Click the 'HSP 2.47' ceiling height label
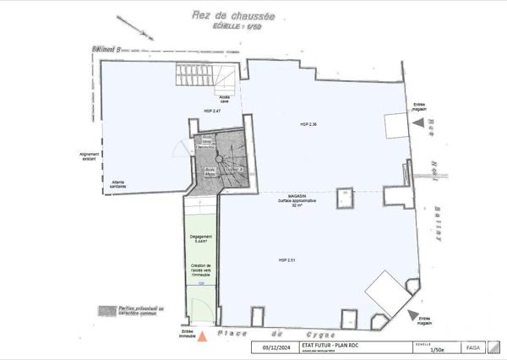coord(212,111)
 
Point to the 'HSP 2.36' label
coord(307,124)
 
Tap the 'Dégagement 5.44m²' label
coord(200,238)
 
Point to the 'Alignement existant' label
coord(90,157)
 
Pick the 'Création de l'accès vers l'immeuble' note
coord(200,271)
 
